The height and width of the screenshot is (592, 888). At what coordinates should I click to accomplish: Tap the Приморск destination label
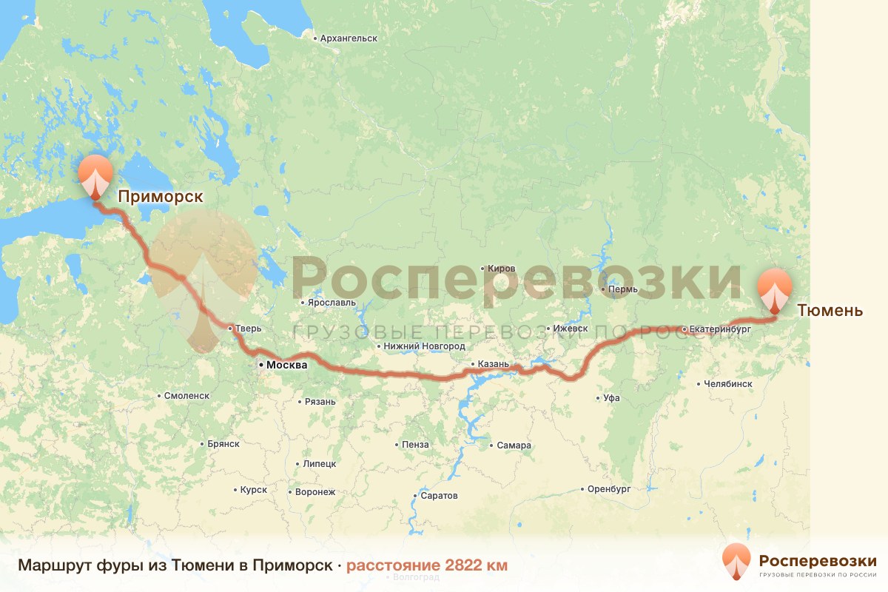coord(160,196)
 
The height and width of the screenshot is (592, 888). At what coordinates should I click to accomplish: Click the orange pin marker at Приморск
coord(95,176)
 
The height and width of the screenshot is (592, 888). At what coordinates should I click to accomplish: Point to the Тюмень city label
coord(830,310)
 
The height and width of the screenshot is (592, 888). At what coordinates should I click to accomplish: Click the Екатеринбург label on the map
coord(719,328)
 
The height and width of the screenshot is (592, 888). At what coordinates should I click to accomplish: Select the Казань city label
coord(494,364)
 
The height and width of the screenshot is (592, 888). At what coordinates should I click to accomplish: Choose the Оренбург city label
coord(609,489)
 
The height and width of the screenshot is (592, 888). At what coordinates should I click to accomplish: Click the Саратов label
coord(439,495)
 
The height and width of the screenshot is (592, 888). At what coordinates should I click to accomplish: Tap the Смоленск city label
coord(187,396)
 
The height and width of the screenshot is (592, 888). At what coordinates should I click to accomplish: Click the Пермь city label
coord(622,289)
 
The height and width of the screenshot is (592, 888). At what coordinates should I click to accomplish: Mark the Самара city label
coord(514,445)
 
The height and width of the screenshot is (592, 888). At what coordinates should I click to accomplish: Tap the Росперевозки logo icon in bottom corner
coord(737,561)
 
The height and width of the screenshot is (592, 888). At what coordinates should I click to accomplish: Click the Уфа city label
coord(611,398)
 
